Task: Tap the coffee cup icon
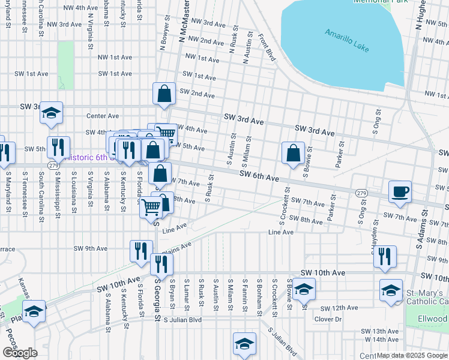pyautogui.click(x=400, y=192)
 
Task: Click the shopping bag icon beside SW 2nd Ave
pyautogui.click(x=164, y=93)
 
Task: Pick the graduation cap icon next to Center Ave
pyautogui.click(x=52, y=112)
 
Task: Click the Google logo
pyautogui.click(x=20, y=353)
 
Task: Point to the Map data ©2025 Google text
pyautogui.click(x=412, y=355)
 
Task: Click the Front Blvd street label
pyautogui.click(x=267, y=47)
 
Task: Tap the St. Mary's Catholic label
pyautogui.click(x=427, y=298)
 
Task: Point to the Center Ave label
pyautogui.click(x=103, y=116)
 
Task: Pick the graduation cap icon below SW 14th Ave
pyautogui.click(x=244, y=344)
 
